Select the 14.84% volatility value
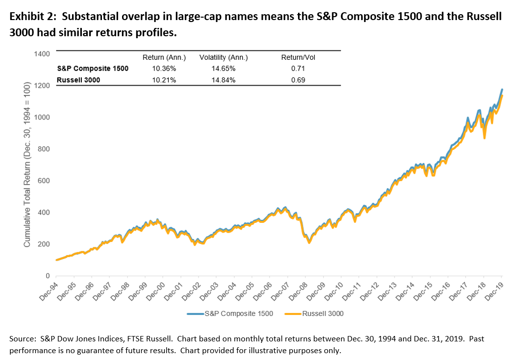(223, 79)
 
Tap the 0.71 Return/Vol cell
(298, 69)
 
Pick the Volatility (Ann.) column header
(223, 57)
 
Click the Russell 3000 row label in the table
(78, 79)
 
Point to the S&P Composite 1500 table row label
(93, 69)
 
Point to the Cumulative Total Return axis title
(28, 165)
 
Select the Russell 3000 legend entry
(316, 313)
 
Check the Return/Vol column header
(298, 57)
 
